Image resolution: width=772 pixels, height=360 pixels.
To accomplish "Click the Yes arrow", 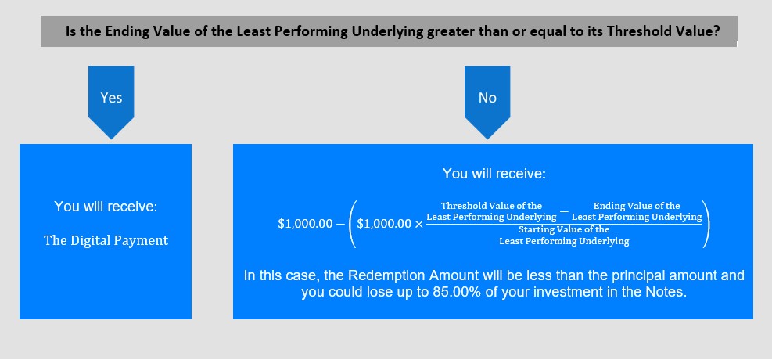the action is pyautogui.click(x=111, y=102).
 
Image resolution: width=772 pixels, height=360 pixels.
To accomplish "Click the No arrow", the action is pyautogui.click(x=487, y=102).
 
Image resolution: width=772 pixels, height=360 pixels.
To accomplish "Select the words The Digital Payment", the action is pyautogui.click(x=106, y=240).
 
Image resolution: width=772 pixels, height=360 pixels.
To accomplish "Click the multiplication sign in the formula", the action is pyautogui.click(x=418, y=223).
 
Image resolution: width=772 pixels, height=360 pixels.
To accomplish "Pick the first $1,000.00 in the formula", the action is pyautogui.click(x=305, y=223).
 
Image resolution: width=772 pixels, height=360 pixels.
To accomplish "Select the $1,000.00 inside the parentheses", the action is pyautogui.click(x=384, y=223).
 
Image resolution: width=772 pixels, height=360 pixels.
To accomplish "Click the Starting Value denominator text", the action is pyautogui.click(x=564, y=236).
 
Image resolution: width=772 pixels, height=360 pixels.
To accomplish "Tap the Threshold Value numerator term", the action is pyautogui.click(x=491, y=211).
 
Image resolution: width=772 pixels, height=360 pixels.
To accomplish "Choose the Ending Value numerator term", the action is pyautogui.click(x=637, y=211).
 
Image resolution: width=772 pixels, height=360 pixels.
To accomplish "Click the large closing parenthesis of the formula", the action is pyautogui.click(x=706, y=223).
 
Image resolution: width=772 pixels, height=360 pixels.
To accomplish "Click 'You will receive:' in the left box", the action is pyautogui.click(x=106, y=206).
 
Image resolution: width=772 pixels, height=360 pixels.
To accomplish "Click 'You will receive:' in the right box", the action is pyautogui.click(x=494, y=174).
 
